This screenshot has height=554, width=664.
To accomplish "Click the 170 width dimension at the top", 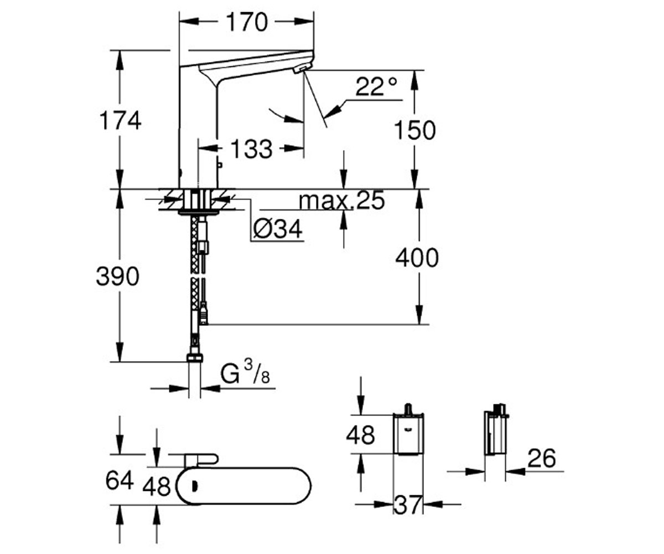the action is click(x=247, y=22).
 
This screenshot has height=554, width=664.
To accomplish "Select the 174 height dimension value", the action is click(x=120, y=121).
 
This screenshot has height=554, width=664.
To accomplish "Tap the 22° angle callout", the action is click(x=376, y=86).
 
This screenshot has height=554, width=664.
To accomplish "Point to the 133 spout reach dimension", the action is click(x=251, y=149).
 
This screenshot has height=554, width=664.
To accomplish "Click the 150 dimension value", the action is click(x=415, y=130).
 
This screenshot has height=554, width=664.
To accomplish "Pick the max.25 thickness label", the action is click(x=342, y=200).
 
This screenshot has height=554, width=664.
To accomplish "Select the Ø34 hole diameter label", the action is click(x=278, y=229).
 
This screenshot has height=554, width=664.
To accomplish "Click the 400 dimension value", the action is click(x=417, y=258).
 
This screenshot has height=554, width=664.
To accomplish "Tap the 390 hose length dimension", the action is click(x=118, y=276).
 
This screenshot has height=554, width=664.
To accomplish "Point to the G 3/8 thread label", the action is click(x=245, y=374).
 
